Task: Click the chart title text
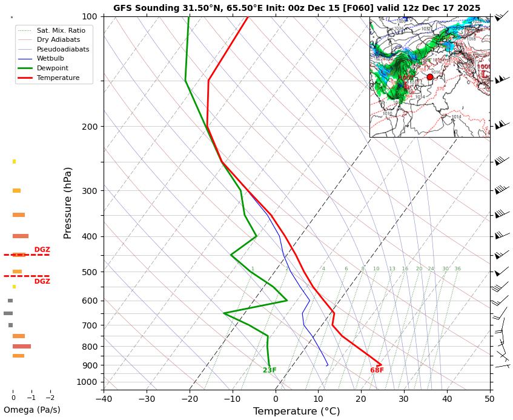click(x=297, y=8)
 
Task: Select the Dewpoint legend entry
click(x=53, y=68)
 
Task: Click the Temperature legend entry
click(x=58, y=78)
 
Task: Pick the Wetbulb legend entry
click(x=50, y=59)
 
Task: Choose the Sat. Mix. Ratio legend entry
click(x=61, y=30)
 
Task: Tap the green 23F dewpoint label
click(x=270, y=370)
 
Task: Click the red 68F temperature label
click(x=377, y=370)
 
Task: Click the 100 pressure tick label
click(x=90, y=16)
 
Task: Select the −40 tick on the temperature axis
click(x=104, y=399)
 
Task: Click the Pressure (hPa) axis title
click(x=68, y=202)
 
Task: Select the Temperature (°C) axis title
click(x=297, y=412)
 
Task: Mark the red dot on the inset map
click(x=430, y=77)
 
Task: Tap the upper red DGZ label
click(x=42, y=250)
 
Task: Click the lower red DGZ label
click(x=42, y=282)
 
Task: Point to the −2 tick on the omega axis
click(x=50, y=398)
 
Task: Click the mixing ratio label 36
click(x=457, y=269)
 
